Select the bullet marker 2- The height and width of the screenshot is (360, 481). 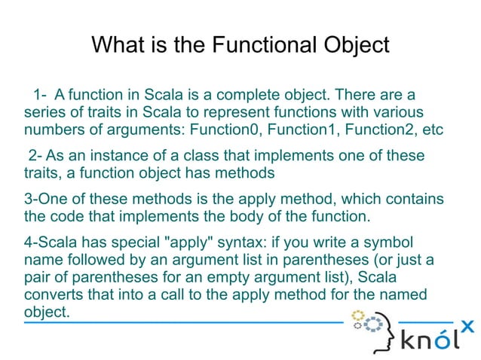coord(34,156)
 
